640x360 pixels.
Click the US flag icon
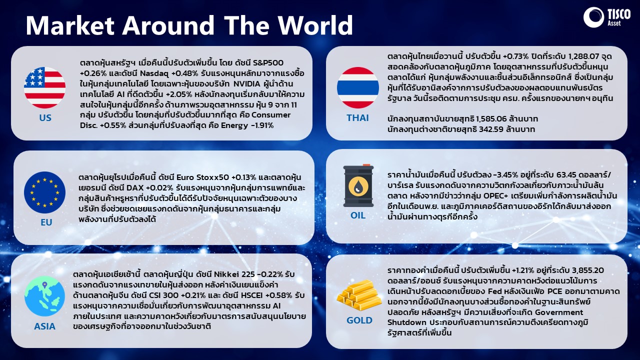[44, 87]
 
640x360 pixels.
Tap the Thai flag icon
[358, 87]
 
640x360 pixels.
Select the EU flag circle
[44, 192]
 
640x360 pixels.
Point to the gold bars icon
[359, 295]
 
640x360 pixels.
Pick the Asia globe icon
[44, 296]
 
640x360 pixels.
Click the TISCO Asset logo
[607, 17]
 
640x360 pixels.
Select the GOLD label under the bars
[359, 320]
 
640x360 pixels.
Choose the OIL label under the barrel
[358, 215]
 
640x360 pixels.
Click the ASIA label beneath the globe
[44, 326]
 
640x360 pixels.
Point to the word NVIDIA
[247, 83]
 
